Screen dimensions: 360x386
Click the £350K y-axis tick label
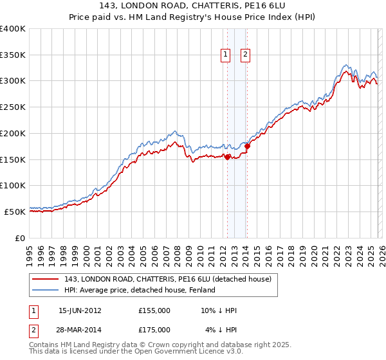click(13, 55)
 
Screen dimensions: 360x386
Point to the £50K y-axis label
click(15, 212)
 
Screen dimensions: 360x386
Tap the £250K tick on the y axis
click(13, 107)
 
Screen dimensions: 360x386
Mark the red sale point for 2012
click(227, 156)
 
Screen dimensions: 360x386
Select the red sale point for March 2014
click(247, 146)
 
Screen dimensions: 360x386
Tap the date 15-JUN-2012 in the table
click(80, 310)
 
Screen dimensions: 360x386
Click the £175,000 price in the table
click(154, 330)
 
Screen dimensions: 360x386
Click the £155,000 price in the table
click(154, 310)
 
